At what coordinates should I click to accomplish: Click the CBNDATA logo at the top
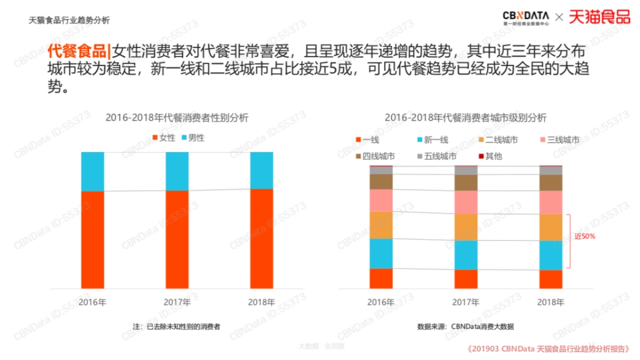(526, 17)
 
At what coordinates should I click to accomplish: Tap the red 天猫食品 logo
(599, 17)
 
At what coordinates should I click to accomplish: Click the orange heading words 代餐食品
(77, 52)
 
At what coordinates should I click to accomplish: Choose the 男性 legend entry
(193, 138)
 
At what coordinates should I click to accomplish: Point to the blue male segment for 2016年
(92, 171)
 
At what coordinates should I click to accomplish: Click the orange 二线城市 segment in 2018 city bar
(551, 227)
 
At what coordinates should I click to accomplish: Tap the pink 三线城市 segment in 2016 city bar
(381, 201)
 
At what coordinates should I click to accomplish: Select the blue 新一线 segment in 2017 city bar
(466, 255)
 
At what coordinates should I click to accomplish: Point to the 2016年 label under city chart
(381, 302)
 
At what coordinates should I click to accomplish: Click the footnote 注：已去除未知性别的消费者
(177, 326)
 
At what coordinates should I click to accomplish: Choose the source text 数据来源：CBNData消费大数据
(465, 326)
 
